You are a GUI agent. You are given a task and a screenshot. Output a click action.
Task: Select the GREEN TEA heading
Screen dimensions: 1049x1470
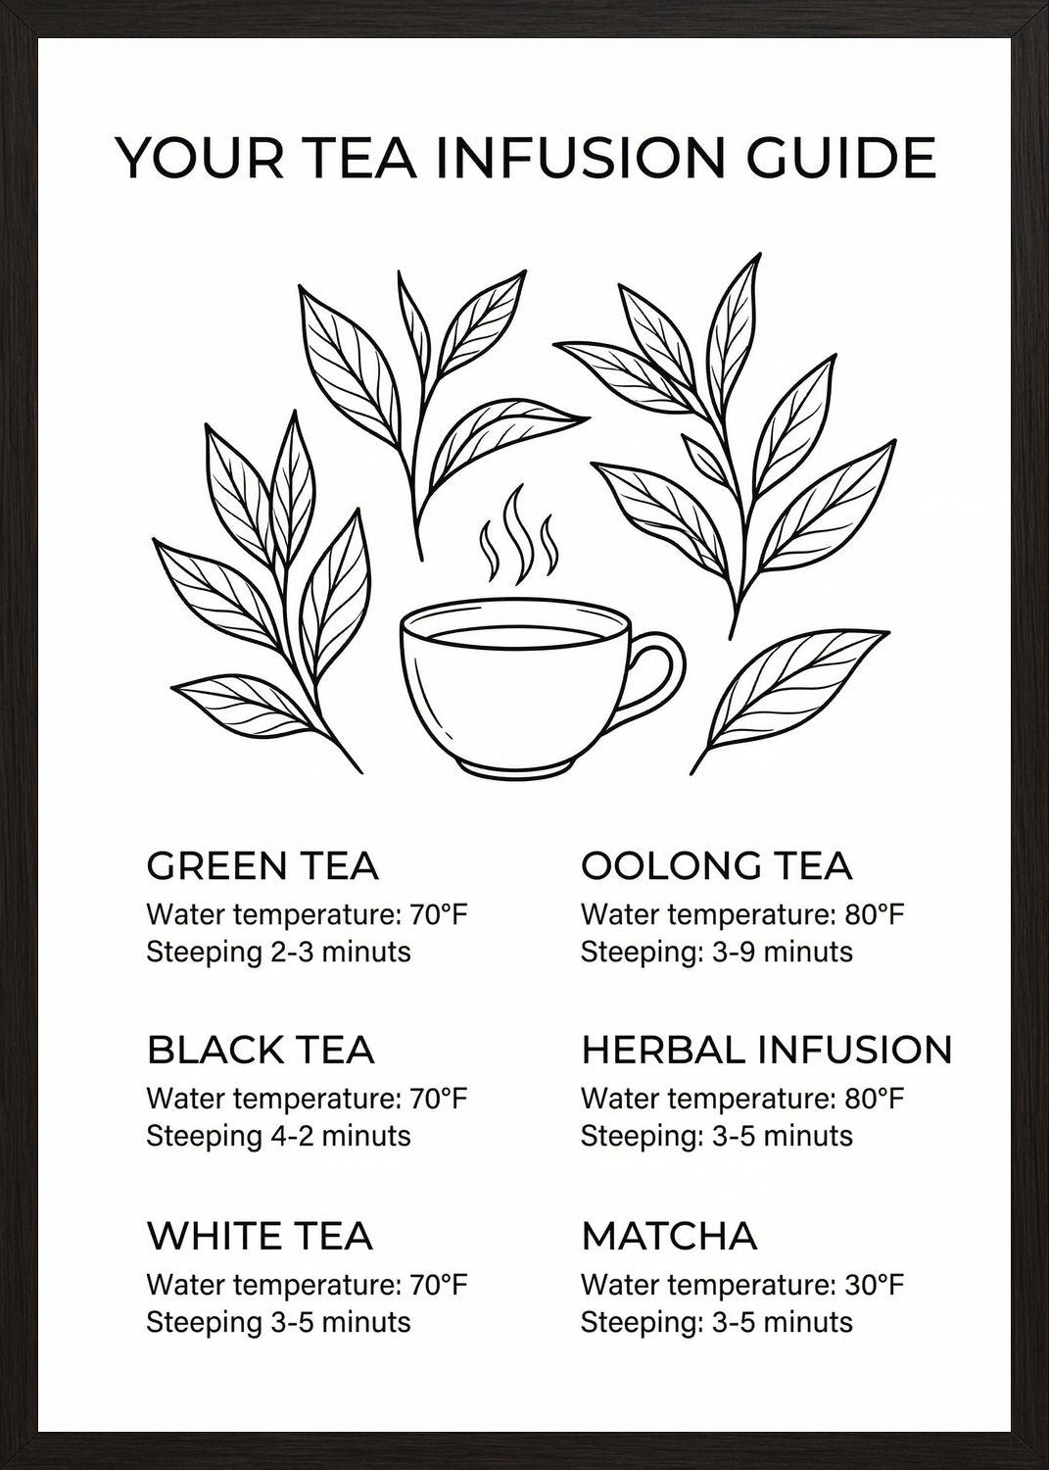[x=262, y=866]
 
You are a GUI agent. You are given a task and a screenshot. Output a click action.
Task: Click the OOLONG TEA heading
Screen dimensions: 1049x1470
[x=716, y=866]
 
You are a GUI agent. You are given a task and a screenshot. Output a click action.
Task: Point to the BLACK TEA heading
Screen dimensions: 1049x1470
[x=261, y=1050]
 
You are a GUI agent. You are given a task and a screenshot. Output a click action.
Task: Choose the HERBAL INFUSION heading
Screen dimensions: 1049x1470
[x=766, y=1050]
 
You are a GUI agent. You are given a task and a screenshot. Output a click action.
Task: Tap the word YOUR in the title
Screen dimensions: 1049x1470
[x=200, y=158]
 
